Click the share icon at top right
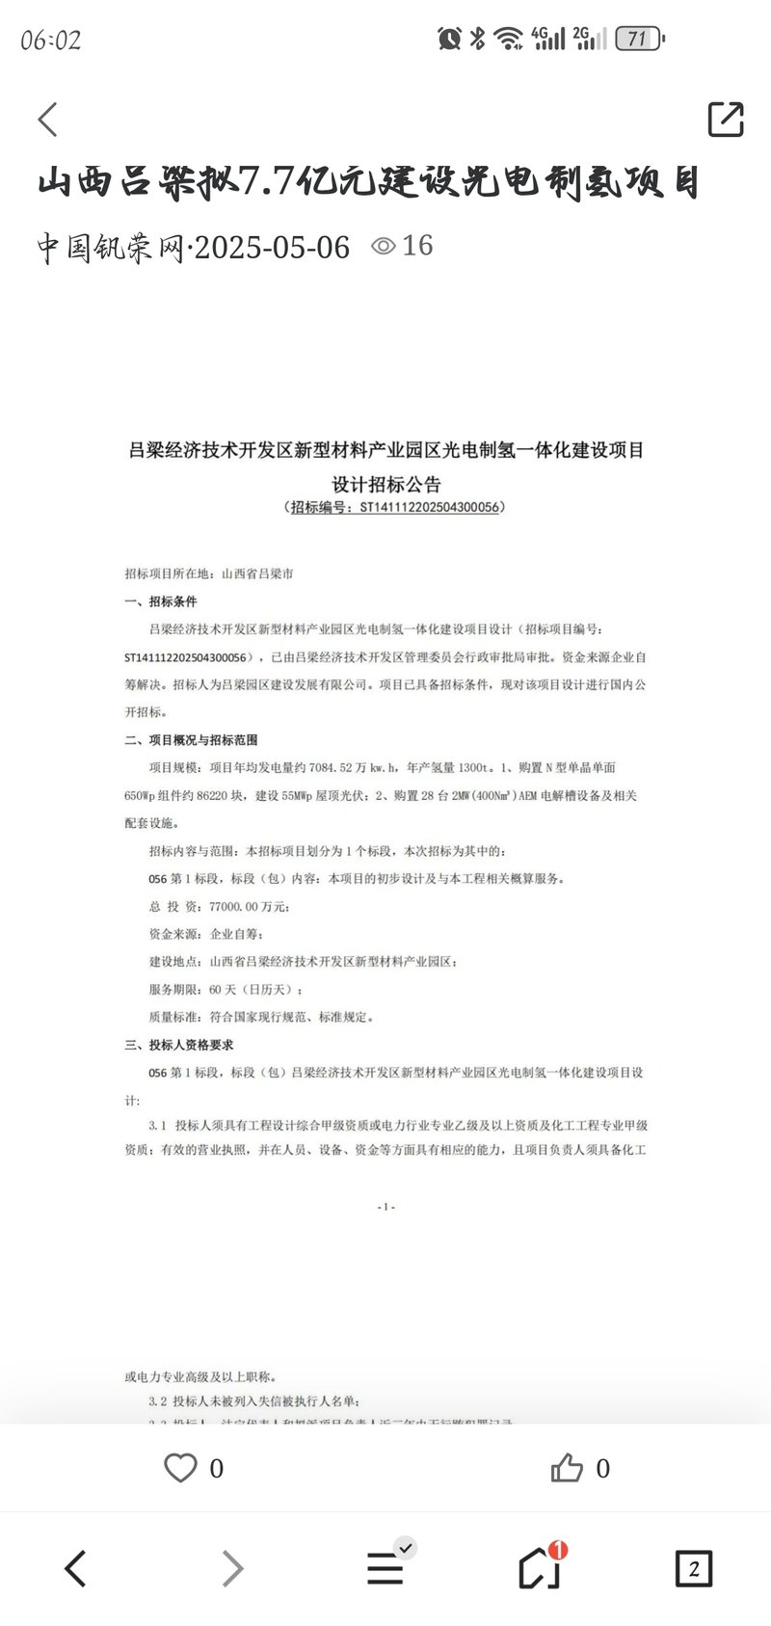(725, 120)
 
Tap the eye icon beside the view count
(384, 246)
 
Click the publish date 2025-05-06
(273, 247)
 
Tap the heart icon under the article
(180, 1468)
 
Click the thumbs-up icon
(567, 1468)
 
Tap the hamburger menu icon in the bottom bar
(385, 1568)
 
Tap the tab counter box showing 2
(693, 1569)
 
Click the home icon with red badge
(540, 1568)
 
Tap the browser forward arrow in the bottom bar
(232, 1569)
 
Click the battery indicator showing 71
(639, 39)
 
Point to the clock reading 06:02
(51, 40)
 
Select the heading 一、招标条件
(161, 601)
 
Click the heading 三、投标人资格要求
(179, 1045)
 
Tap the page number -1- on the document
(385, 1207)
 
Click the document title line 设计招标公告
(385, 484)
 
